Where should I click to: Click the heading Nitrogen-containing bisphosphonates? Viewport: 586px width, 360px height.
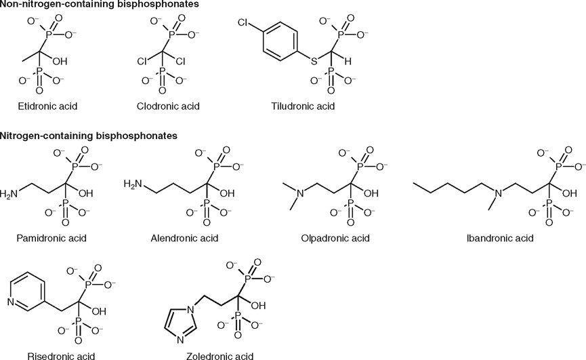click(88, 136)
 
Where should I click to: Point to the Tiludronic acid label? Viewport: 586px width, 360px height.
click(303, 107)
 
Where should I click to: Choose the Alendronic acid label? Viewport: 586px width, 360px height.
click(186, 238)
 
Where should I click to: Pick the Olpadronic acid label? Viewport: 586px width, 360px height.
click(335, 238)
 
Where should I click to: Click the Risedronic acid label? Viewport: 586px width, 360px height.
click(52, 355)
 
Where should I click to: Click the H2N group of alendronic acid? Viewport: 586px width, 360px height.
click(134, 183)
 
